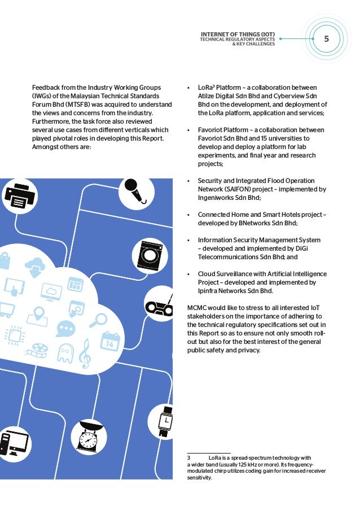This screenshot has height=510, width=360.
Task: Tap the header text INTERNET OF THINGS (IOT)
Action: tap(238, 34)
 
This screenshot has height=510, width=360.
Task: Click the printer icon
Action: tap(20, 195)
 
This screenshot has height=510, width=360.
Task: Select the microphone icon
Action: tap(133, 190)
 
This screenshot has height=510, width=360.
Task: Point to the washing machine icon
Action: tap(150, 254)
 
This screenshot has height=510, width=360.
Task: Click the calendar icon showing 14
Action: tap(110, 341)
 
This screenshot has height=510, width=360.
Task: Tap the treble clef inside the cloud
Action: tap(85, 353)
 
